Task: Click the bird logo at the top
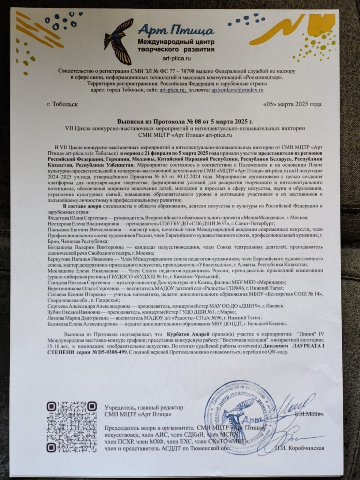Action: click(119, 41)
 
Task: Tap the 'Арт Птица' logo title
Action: click(176, 30)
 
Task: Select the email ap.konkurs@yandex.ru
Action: click(237, 90)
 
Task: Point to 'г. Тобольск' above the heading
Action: click(60, 104)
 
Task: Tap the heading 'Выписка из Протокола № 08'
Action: click(185, 121)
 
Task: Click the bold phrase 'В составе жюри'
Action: click(80, 206)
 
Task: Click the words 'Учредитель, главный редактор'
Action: click(144, 407)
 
